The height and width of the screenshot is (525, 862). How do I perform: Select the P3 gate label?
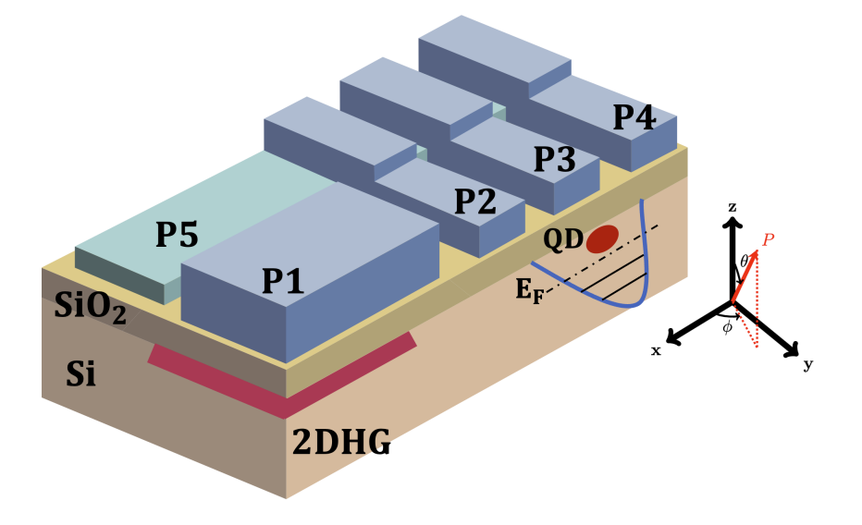554,159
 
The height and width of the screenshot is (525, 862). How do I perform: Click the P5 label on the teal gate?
176,235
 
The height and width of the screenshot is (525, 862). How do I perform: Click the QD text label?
562,239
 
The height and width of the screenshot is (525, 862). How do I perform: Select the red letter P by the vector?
768,240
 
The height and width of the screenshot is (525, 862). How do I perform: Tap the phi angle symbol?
727,328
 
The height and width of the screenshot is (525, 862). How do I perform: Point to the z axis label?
732,208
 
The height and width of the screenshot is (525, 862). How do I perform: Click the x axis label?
656,350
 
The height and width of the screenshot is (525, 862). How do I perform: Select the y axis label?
807,364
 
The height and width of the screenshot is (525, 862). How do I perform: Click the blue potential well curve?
644,277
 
